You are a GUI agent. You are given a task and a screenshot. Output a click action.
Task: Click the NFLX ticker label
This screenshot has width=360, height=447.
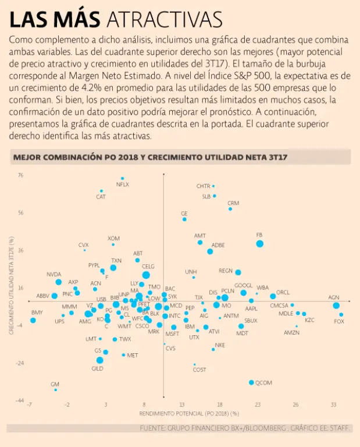(123, 185)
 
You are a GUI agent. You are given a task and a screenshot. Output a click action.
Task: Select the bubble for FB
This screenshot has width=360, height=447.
(259, 243)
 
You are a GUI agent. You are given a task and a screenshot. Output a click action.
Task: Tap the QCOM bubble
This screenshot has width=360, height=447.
(251, 382)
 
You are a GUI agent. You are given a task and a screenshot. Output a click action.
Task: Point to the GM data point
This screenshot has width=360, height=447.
(55, 390)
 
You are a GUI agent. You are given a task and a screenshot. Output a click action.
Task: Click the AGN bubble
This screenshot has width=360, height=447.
(336, 306)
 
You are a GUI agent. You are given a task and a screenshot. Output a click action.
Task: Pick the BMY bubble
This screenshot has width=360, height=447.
(33, 320)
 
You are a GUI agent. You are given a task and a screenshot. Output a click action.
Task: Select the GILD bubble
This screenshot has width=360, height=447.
(99, 360)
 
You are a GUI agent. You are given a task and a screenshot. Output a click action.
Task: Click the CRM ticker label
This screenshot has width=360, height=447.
(233, 202)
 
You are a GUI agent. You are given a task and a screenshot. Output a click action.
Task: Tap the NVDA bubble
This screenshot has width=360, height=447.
(58, 282)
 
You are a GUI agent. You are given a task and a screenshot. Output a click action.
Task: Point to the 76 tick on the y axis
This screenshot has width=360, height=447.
(20, 175)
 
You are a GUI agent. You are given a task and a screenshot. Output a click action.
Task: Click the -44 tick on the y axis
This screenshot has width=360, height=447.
(20, 400)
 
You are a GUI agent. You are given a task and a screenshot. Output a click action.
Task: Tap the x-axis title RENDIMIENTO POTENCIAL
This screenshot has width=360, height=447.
(189, 413)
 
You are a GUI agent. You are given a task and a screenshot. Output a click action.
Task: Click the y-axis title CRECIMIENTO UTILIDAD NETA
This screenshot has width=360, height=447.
(11, 288)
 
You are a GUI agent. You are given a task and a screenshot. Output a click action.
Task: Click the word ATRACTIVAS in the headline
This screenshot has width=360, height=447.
(165, 20)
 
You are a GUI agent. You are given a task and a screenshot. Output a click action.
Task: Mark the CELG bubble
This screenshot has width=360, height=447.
(146, 275)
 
